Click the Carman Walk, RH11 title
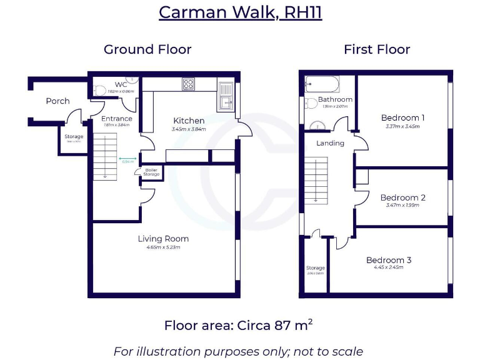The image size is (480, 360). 240,12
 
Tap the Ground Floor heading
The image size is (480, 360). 147,49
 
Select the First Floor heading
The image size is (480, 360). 377,49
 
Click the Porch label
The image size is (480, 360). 57,101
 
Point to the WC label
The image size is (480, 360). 121,84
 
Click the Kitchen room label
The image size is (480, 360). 189,121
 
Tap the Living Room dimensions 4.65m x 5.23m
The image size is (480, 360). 163,247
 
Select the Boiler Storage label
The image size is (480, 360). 151,172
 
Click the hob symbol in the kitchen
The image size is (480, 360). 189,84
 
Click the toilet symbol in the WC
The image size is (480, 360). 100,89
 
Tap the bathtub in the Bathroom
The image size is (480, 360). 322,84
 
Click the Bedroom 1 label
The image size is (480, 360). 402,117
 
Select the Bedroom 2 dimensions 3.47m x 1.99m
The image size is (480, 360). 402,206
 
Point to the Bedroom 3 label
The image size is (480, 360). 389,260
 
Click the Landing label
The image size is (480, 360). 330,143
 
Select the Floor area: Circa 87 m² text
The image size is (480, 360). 239,326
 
